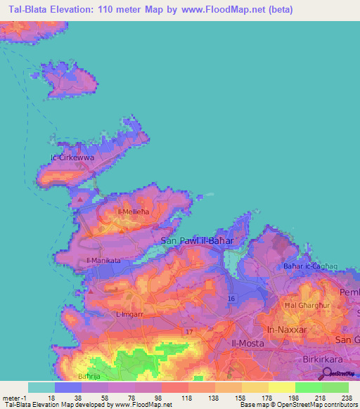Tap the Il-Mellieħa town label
pyautogui.click(x=131, y=211)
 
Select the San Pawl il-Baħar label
pyautogui.click(x=198, y=240)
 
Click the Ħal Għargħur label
pyautogui.click(x=308, y=306)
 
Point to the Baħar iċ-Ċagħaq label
pyautogui.click(x=307, y=266)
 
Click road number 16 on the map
pyautogui.click(x=231, y=299)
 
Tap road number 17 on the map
pyautogui.click(x=188, y=330)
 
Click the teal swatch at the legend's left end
pyautogui.click(x=41, y=387)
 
